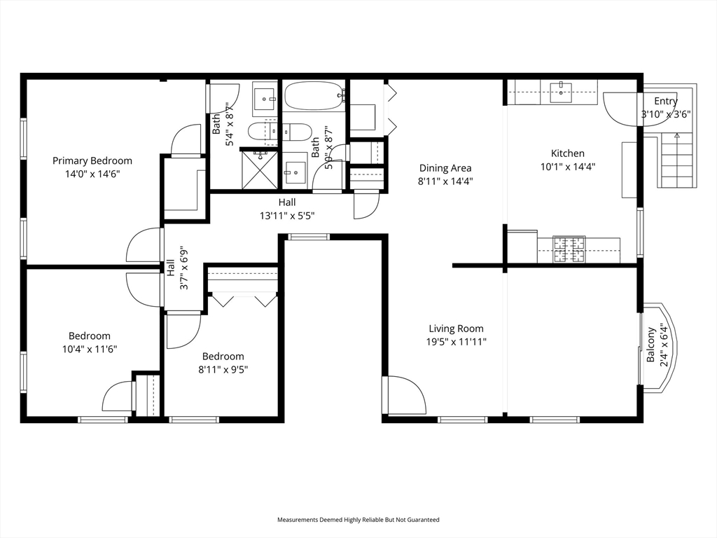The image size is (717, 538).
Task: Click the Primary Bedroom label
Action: point(92,160)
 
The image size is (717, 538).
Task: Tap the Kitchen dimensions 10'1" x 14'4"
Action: point(567,167)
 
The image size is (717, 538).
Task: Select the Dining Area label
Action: point(445,168)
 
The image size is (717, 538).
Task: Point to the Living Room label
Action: point(456,329)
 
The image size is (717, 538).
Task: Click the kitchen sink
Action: point(562,92)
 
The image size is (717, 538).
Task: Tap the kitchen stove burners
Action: point(569,249)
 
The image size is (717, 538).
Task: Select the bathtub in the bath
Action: point(314,95)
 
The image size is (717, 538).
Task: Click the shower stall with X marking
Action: point(259,170)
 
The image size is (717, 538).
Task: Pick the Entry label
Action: point(666,101)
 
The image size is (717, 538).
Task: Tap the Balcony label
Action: point(651,345)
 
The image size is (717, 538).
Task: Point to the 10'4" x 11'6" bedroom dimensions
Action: point(90,350)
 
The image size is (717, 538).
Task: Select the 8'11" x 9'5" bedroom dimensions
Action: point(223,370)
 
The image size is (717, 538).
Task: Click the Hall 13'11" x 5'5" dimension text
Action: point(287,216)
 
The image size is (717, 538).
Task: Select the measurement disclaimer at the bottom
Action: point(358,520)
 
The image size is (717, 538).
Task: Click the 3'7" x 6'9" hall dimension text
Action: point(184,268)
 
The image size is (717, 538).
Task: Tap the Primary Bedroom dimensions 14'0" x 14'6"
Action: point(92,174)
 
